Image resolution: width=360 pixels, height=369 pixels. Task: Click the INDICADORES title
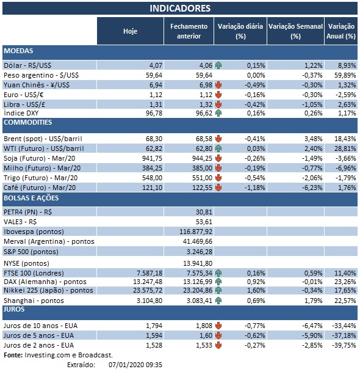tap(180, 8)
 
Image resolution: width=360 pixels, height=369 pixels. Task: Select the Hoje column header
tap(130, 31)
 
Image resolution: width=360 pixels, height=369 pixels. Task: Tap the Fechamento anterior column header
tap(189, 31)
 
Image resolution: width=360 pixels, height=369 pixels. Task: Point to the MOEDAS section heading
tap(18, 51)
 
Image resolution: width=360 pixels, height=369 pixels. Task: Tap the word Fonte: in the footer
tap(14, 355)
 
